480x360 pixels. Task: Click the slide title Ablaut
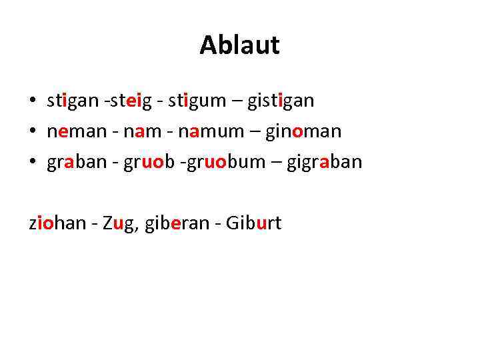(x=239, y=45)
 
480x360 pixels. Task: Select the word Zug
(x=118, y=223)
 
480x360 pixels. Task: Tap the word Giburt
(x=254, y=223)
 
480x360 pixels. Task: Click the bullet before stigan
(x=32, y=102)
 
